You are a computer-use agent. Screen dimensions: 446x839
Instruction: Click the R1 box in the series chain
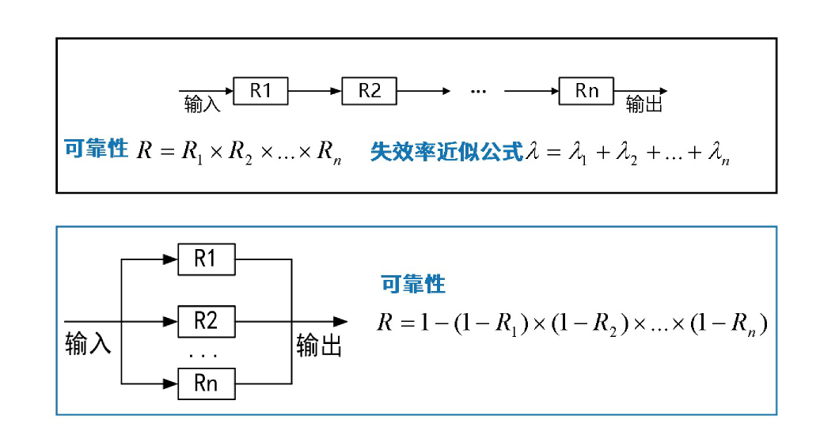(260, 91)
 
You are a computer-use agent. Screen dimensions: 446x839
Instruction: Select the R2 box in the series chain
(370, 91)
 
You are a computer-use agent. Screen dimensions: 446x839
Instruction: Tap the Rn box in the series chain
(587, 91)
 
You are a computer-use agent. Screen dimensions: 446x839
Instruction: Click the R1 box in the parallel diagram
(205, 259)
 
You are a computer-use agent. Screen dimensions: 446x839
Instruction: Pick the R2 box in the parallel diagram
(205, 321)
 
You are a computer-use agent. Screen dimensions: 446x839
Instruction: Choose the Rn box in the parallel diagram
(205, 384)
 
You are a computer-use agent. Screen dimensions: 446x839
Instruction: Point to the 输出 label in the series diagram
(644, 105)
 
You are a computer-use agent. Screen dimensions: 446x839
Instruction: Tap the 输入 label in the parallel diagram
(88, 345)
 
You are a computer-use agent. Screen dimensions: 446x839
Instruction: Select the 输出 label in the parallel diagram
(319, 345)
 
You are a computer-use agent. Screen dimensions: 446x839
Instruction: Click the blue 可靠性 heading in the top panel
(96, 149)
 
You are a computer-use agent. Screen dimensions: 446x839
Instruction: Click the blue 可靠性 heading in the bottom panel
(413, 284)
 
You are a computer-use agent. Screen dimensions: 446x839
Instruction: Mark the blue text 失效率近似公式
(447, 152)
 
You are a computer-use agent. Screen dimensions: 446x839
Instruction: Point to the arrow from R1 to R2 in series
(315, 91)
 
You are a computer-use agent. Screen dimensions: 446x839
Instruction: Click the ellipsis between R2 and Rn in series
(477, 92)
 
